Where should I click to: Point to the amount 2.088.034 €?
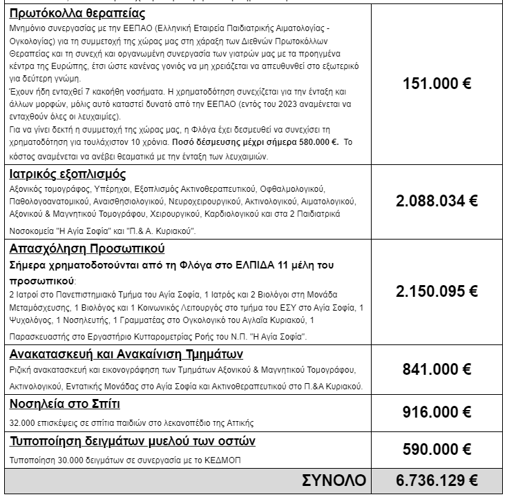point(437,201)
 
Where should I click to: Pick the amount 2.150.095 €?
point(437,292)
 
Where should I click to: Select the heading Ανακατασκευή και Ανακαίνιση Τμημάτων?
point(126,355)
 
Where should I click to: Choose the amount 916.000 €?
point(437,412)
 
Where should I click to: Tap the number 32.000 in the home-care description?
point(22,422)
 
